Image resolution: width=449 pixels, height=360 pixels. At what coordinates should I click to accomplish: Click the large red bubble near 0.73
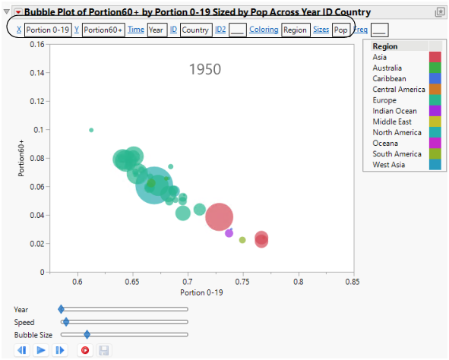[x=220, y=217]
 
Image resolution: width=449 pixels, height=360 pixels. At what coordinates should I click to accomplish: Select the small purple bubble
[x=229, y=233]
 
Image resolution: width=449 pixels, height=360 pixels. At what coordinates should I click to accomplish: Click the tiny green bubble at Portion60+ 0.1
[x=91, y=130]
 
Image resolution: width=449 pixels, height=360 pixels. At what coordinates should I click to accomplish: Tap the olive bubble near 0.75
[x=242, y=240]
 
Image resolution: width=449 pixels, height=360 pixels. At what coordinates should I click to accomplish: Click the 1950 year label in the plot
[x=204, y=70]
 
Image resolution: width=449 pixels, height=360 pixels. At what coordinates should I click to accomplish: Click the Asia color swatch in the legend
[x=435, y=57]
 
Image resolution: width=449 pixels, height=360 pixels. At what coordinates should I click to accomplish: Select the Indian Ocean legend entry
[x=394, y=111]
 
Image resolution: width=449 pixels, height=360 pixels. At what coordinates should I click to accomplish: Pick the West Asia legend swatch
[x=435, y=165]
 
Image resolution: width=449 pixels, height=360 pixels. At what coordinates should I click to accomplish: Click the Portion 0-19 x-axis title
[x=201, y=292]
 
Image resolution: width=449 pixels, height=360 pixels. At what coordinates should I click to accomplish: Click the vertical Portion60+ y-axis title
[x=23, y=158]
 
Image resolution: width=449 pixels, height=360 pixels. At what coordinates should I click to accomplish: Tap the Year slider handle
[x=62, y=309]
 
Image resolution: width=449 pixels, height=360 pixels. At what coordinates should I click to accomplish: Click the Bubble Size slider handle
[x=87, y=334]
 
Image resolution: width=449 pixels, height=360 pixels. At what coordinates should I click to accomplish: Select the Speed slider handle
[x=66, y=322]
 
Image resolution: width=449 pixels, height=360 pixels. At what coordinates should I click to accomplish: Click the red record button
[x=84, y=350]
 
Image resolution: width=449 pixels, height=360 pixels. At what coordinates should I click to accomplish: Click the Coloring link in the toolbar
[x=263, y=30]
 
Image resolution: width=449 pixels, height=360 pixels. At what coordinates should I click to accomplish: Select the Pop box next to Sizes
[x=341, y=30]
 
